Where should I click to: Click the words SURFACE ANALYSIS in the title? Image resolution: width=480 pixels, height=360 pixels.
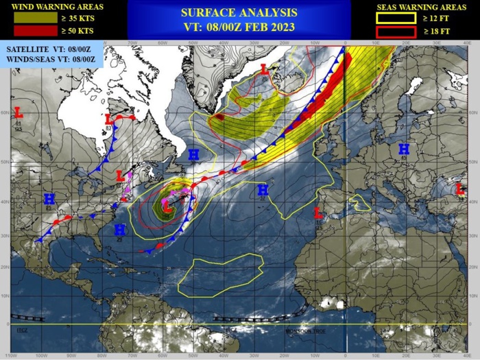(x=239, y=12)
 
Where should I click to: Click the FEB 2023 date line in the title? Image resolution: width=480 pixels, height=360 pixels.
(x=239, y=27)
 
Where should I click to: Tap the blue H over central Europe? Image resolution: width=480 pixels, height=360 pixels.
(x=404, y=148)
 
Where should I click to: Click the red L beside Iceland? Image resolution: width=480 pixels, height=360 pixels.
(x=265, y=69)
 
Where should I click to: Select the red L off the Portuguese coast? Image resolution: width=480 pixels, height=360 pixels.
(x=317, y=212)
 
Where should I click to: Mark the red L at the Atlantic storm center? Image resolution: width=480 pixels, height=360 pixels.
(x=167, y=203)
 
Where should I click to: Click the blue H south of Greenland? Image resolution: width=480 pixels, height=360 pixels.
(x=193, y=155)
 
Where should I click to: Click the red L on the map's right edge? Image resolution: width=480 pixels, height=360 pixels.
(x=460, y=189)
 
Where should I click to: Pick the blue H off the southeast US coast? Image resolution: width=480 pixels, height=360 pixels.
(x=120, y=229)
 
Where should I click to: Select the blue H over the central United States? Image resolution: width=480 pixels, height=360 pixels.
(x=49, y=199)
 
